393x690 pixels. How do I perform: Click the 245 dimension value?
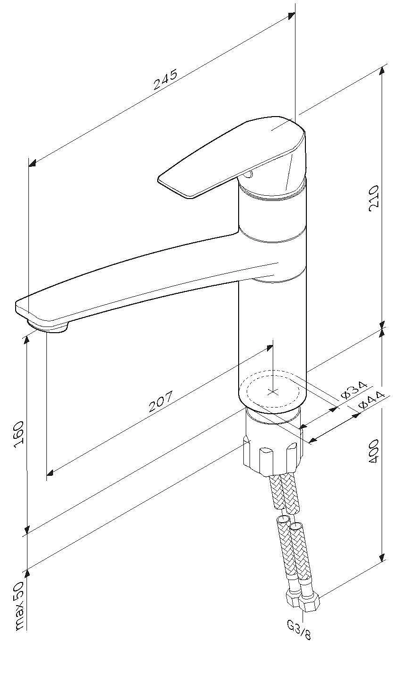pos(166,80)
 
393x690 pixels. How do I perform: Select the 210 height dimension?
pos(373,199)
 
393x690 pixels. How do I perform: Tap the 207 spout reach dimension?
pos(161,401)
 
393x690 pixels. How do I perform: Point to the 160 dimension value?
pos(19,435)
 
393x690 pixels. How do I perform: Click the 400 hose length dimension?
pos(373,452)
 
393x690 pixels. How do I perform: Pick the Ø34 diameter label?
pos(354,390)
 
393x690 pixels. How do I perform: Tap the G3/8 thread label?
pos(298,630)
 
